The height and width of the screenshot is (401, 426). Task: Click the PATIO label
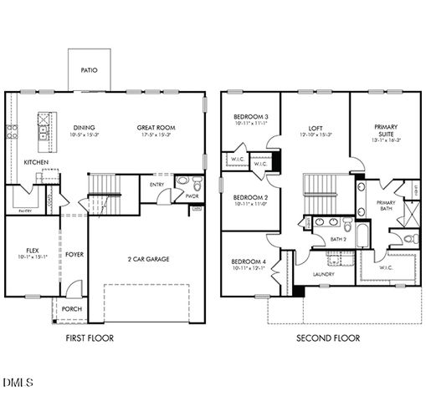click(89, 71)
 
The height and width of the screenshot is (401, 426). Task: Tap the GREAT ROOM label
click(154, 128)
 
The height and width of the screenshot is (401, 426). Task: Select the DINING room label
click(84, 128)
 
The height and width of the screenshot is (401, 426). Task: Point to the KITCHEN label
click(35, 162)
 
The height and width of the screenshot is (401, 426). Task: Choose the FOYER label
click(74, 254)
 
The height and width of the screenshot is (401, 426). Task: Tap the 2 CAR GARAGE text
click(148, 259)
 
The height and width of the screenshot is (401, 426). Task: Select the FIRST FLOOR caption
click(90, 338)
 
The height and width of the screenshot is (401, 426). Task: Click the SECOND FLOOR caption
click(328, 338)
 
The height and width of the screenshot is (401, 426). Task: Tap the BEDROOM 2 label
click(250, 197)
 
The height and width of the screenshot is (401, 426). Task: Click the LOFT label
click(316, 128)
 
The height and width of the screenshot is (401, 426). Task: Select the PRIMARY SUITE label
click(386, 131)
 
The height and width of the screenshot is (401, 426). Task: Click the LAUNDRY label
click(323, 274)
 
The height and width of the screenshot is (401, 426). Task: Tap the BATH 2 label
click(337, 240)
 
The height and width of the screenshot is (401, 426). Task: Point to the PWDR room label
click(192, 195)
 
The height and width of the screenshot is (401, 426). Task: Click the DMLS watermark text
click(18, 383)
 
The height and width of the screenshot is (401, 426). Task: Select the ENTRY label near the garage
click(157, 184)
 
